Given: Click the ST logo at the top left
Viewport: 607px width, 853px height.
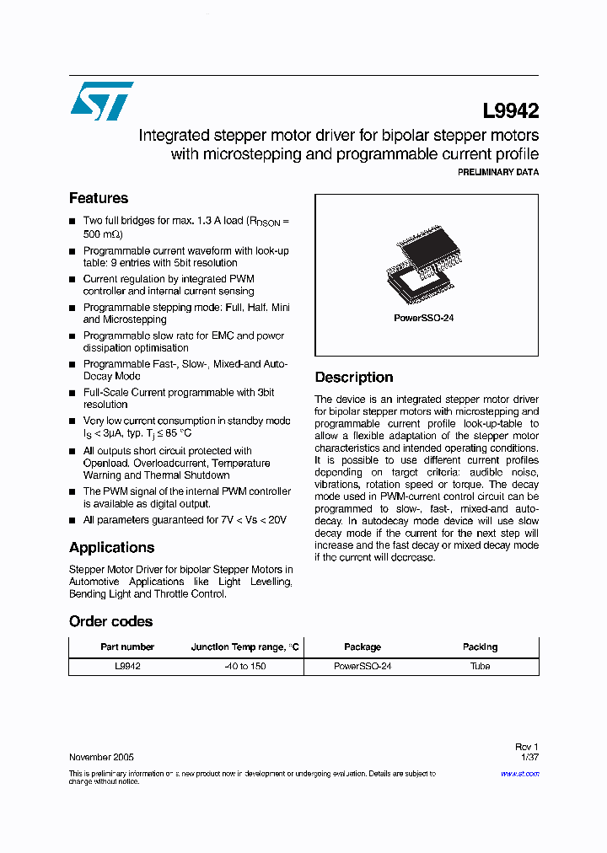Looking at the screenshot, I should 101,101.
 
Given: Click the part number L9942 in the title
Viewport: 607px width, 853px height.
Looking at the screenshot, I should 510,110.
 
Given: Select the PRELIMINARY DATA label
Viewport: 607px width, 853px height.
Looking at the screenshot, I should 497,172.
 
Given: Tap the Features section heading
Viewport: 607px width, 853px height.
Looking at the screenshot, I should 99,198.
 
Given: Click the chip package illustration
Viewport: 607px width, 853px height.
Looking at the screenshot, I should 426,266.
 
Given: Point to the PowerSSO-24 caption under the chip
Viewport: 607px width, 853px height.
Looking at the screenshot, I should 424,319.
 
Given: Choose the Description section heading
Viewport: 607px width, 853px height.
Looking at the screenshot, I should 354,377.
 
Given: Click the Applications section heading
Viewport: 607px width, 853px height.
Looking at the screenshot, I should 111,547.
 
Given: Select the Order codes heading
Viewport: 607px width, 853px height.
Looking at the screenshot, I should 110,621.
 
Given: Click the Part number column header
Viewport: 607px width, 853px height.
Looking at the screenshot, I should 127,646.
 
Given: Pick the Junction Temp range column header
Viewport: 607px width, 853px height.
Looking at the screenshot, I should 244,646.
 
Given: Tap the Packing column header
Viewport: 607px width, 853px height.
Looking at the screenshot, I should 480,646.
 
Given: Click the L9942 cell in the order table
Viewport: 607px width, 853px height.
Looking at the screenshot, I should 127,666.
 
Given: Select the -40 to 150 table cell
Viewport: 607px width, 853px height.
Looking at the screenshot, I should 244,666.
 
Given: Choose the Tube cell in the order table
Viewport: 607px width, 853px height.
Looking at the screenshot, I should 480,666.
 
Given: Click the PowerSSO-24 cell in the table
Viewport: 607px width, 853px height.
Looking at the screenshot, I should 363,666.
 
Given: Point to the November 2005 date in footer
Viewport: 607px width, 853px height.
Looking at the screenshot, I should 101,757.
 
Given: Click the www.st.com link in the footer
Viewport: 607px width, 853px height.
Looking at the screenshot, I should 522,773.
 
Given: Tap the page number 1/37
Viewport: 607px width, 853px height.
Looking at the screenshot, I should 528,757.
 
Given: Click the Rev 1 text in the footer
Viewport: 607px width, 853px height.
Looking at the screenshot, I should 526,747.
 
